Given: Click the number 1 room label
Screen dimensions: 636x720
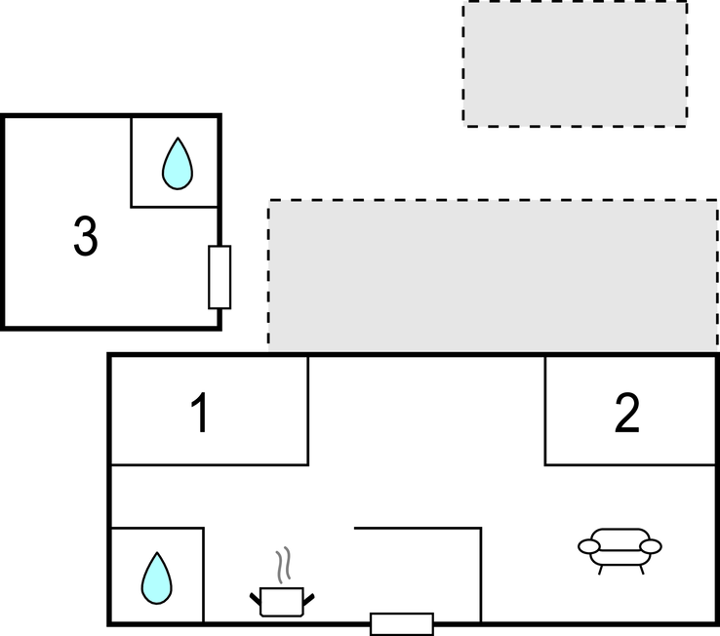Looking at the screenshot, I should pos(200,414).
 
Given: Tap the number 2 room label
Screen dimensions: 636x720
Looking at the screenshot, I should pos(627,414).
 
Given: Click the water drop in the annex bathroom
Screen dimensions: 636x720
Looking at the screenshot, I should pos(177,163).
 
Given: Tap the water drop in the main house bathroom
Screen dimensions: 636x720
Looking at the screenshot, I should pos(156,576).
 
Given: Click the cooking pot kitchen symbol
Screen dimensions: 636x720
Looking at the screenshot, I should pos(283,600).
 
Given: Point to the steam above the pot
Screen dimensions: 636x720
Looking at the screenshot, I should pos(283,565).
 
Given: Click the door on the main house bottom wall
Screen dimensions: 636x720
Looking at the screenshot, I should pos(401,623).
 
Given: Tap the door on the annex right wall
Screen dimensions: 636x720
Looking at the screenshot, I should pos(220,277).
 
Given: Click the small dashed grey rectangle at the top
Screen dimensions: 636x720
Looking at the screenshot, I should pos(575,63).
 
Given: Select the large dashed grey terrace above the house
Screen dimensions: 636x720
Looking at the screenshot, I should pos(493,275).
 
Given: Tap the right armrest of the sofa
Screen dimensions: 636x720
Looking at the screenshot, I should pos(651,545).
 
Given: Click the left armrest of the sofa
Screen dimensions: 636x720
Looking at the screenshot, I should pos(588,545).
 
